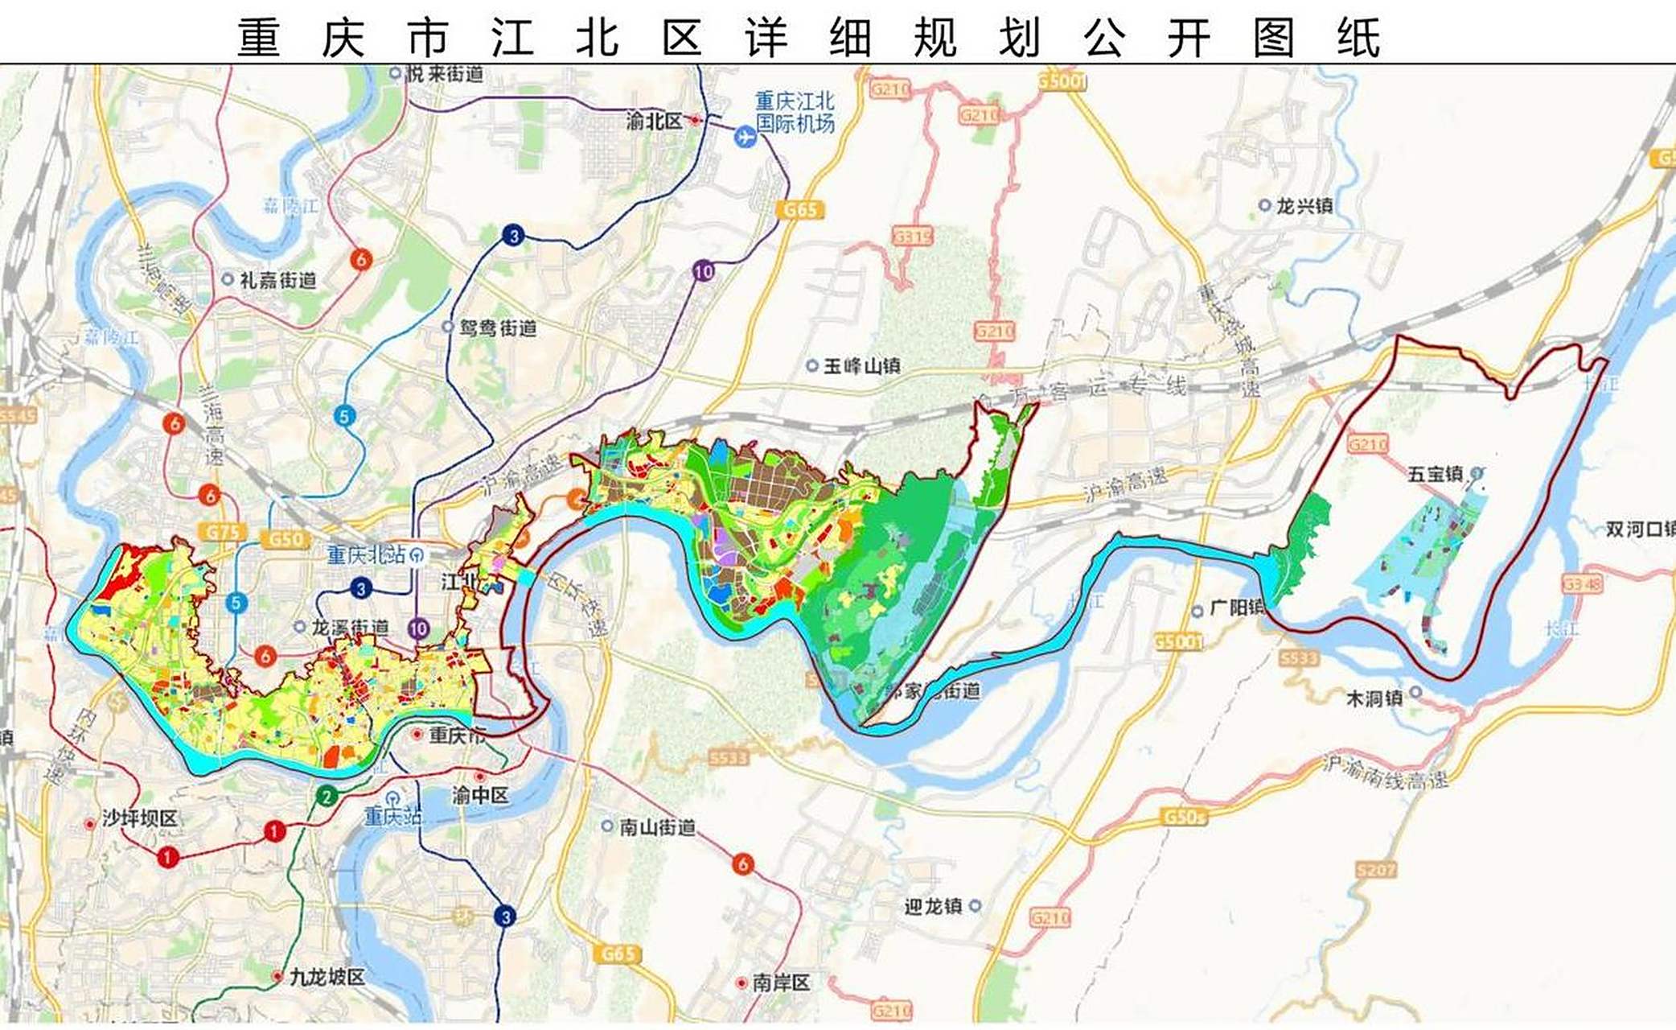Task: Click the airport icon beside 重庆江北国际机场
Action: click(x=746, y=138)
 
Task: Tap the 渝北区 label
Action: click(x=654, y=121)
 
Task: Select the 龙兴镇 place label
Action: click(x=1304, y=206)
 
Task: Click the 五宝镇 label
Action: click(x=1436, y=474)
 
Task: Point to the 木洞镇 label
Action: click(x=1374, y=698)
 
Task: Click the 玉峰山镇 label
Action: click(x=861, y=366)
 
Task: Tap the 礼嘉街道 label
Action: click(x=277, y=280)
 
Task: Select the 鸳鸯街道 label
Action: click(x=497, y=328)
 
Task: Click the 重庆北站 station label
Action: click(x=366, y=554)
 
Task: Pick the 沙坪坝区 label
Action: click(x=139, y=818)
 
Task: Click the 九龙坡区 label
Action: click(x=327, y=977)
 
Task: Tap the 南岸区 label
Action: click(x=781, y=983)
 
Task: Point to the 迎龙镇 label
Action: click(x=933, y=906)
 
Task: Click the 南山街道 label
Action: click(x=657, y=826)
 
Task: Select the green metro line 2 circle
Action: click(x=326, y=797)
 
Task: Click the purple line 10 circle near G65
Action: click(x=704, y=271)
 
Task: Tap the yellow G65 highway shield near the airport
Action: click(x=799, y=210)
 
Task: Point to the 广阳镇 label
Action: click(x=1237, y=608)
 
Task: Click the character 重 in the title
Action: click(x=259, y=38)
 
